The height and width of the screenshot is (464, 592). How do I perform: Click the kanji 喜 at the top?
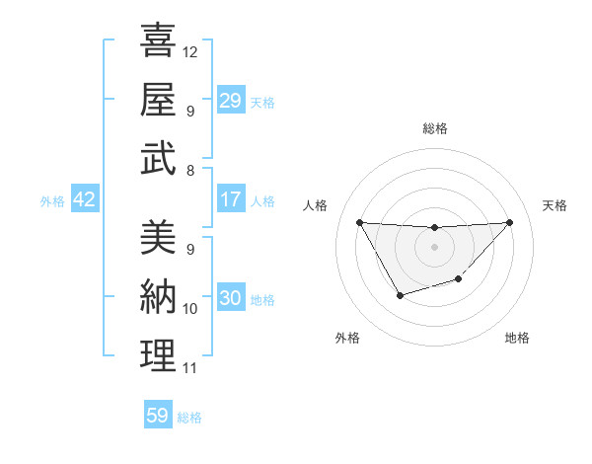(158, 40)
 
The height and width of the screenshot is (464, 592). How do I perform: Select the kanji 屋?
(158, 99)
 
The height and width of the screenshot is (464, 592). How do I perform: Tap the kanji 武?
(158, 158)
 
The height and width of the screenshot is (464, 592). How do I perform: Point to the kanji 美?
(158, 238)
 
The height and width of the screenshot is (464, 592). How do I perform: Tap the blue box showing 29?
(230, 100)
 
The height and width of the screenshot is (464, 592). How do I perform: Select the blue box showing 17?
(230, 199)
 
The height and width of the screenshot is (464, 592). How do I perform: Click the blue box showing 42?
(84, 200)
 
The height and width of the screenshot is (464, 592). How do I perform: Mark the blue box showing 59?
(157, 416)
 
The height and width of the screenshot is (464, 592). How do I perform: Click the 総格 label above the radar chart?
(434, 128)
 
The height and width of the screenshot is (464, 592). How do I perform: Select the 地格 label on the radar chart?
(517, 338)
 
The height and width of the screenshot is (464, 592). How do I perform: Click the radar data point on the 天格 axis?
(509, 222)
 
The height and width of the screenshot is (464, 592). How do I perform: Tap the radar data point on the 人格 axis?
(359, 222)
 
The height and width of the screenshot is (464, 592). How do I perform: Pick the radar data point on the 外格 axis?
(400, 295)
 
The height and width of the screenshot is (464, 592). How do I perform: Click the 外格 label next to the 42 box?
(52, 201)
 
